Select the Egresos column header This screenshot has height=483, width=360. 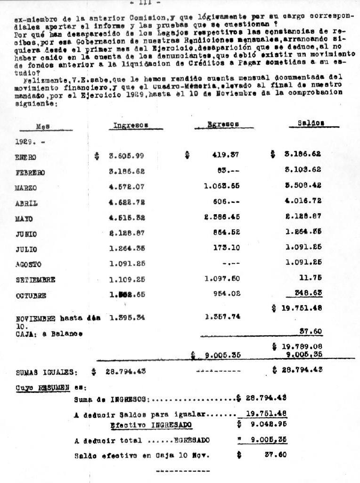point(223,124)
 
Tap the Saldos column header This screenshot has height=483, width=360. point(311,123)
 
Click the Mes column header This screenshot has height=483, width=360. point(43,126)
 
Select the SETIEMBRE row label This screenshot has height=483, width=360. point(35,280)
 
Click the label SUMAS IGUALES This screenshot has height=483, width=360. point(46,372)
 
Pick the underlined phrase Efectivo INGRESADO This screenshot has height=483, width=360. point(151,425)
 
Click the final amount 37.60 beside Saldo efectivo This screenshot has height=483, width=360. point(275,456)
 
